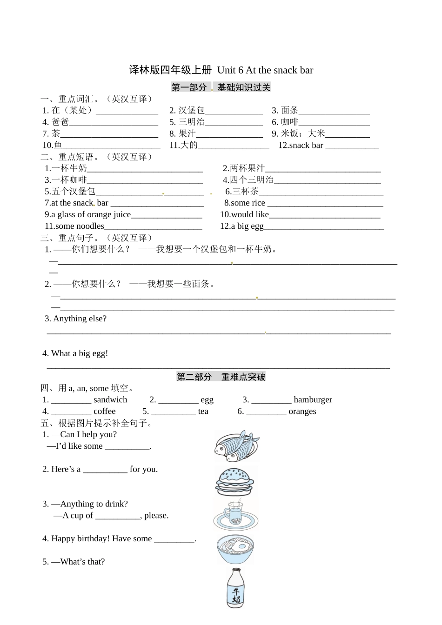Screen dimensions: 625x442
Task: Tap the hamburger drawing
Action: [x=235, y=482]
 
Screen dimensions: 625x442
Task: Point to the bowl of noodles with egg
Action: [x=235, y=550]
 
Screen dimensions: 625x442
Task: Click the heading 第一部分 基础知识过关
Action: [x=221, y=87]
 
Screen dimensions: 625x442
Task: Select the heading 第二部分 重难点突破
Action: [x=221, y=377]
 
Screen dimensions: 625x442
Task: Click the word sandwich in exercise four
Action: [x=110, y=400]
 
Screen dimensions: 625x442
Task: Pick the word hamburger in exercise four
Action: [x=313, y=400]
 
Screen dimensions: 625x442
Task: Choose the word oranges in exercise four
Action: [x=302, y=412]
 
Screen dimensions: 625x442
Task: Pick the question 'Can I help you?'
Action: [x=88, y=434]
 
